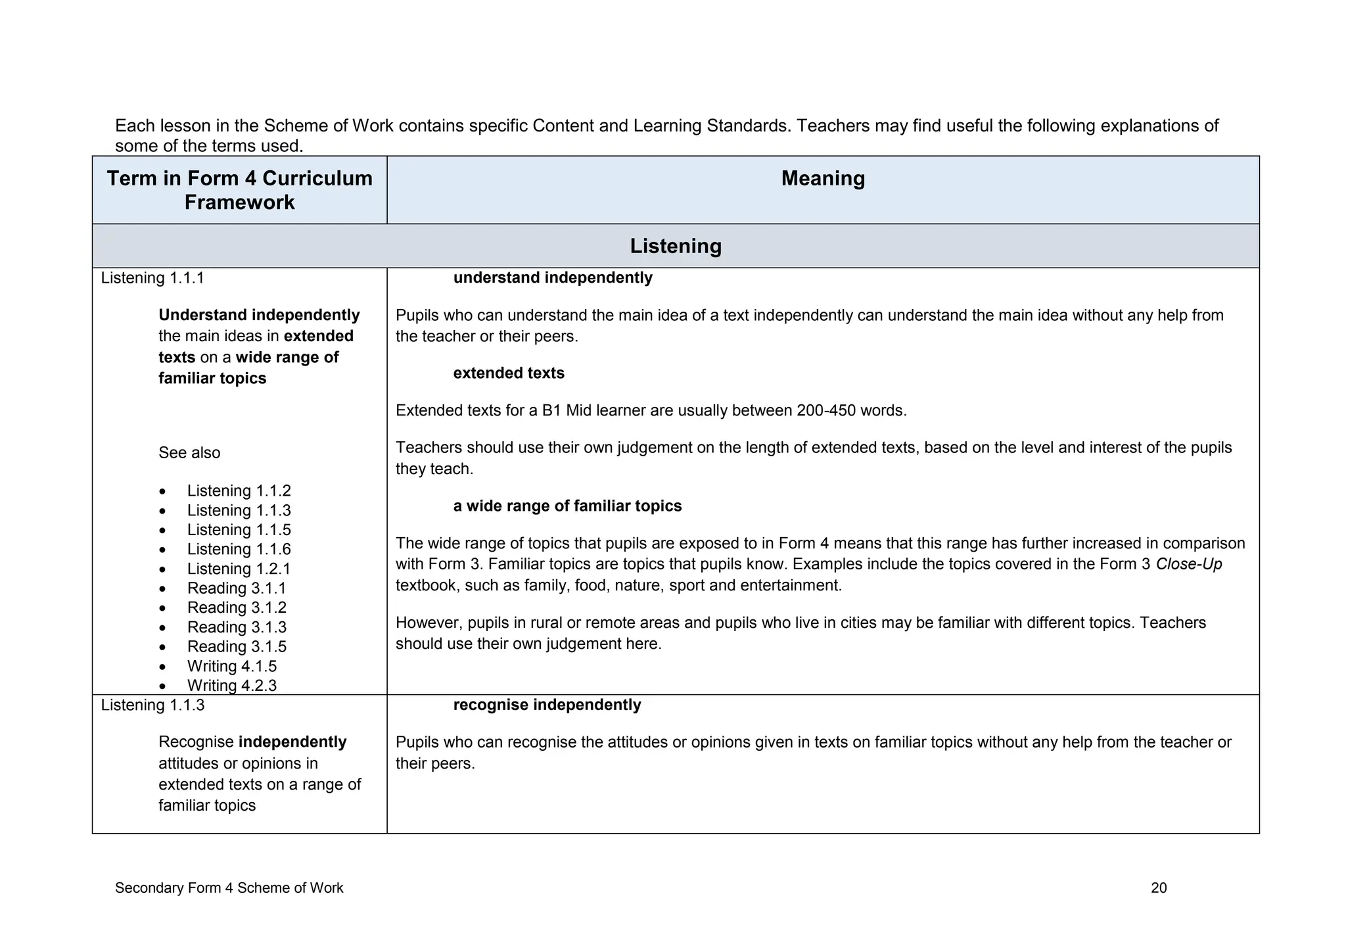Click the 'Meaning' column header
click(x=823, y=179)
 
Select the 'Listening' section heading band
click(x=676, y=246)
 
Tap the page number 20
click(x=1159, y=888)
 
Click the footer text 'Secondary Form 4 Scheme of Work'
click(x=229, y=888)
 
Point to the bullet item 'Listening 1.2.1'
click(x=239, y=569)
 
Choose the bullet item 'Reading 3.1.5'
click(x=237, y=646)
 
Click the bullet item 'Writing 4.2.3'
click(x=231, y=685)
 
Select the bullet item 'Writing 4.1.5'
click(x=231, y=666)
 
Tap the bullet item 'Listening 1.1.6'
click(x=239, y=549)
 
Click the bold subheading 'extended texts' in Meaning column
click(x=509, y=373)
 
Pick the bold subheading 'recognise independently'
click(x=547, y=705)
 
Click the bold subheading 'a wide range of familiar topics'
click(x=567, y=506)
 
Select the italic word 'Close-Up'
click(x=1188, y=564)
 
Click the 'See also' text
click(x=189, y=453)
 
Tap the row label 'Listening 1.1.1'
click(x=152, y=278)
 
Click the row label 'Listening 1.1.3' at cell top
click(x=152, y=705)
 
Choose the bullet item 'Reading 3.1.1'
click(x=237, y=588)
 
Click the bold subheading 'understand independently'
click(x=553, y=278)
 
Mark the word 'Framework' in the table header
click(x=239, y=202)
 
